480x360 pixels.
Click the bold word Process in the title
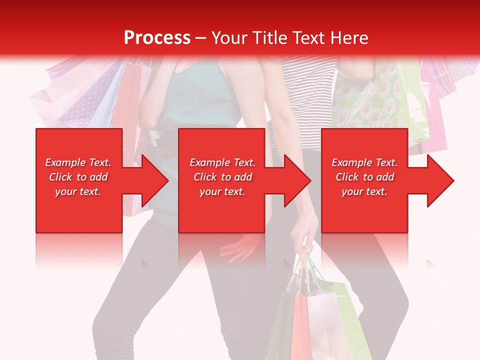(x=157, y=37)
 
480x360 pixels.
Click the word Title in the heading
(x=268, y=37)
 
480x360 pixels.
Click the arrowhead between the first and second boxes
(x=154, y=180)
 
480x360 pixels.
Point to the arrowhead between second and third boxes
(x=297, y=180)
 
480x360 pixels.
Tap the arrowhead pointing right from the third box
(x=439, y=180)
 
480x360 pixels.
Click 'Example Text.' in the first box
(x=78, y=162)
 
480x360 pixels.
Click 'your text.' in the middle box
(x=222, y=191)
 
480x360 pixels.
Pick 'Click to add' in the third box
(x=364, y=177)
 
